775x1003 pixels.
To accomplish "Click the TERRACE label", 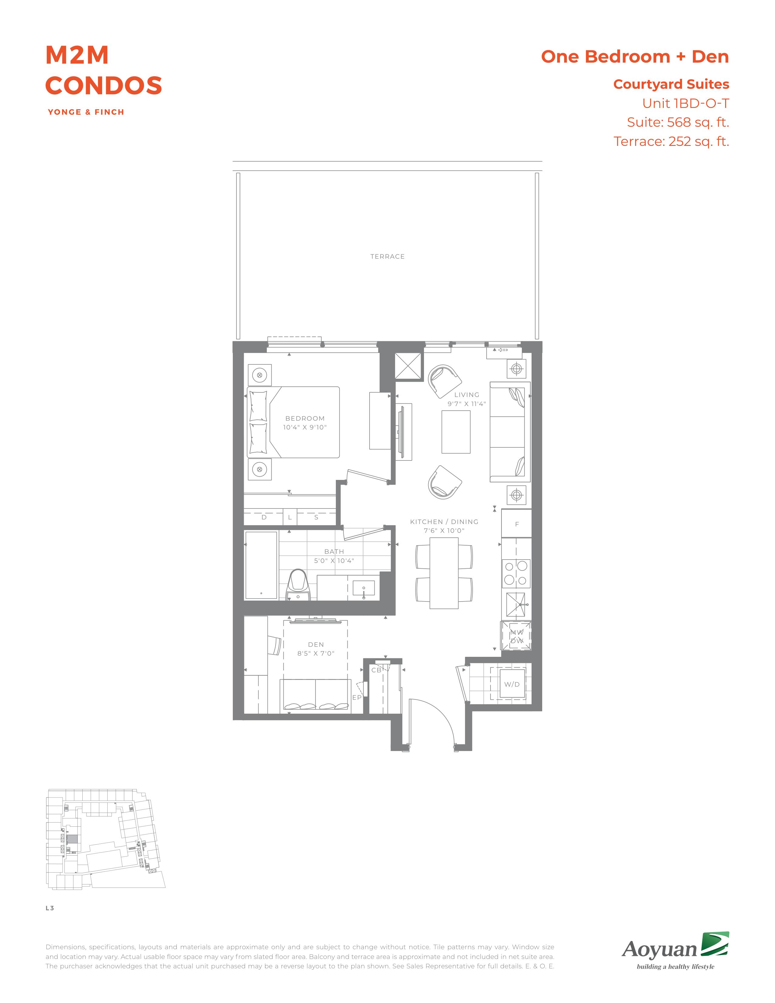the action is tap(387, 257).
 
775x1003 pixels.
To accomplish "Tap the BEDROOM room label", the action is tap(305, 419).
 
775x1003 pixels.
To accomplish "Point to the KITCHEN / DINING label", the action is tap(444, 522).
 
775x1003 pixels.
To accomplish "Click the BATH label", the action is tap(334, 552).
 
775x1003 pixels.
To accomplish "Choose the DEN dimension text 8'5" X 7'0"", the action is tap(316, 653).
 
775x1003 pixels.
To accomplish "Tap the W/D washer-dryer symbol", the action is tap(512, 684).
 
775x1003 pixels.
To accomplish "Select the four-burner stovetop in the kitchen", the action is tap(516, 573).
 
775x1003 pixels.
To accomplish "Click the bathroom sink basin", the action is tap(363, 588).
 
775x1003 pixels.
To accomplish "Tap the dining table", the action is tap(444, 573).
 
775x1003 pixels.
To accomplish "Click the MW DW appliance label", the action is tap(517, 636).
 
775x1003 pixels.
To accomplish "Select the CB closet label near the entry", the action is tap(377, 670).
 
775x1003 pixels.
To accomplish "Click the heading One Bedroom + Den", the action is tap(635, 57).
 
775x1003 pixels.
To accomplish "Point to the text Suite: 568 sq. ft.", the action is tap(678, 122).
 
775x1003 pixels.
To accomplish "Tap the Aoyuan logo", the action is tap(675, 950).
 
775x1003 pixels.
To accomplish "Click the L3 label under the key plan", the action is tap(50, 908).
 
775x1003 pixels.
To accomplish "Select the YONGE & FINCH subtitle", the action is tap(86, 112).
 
